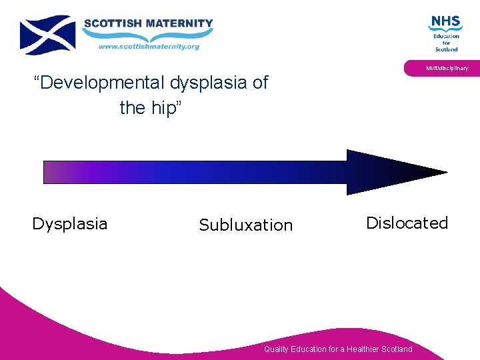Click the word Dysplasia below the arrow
(69, 223)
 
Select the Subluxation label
(245, 225)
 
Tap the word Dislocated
(407, 223)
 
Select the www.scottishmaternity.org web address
(149, 47)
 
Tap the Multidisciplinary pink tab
(447, 68)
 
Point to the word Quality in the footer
(277, 349)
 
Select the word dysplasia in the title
(209, 83)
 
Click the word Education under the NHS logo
(446, 36)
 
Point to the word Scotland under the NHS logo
(446, 49)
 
